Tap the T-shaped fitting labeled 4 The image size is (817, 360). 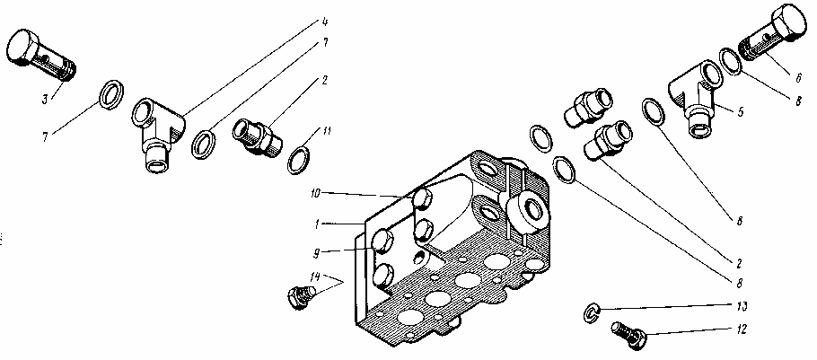coord(155,131)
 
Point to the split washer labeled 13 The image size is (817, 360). coord(590,311)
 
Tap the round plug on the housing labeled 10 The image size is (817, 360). coord(422,198)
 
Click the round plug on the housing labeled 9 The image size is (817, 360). coord(382,240)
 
